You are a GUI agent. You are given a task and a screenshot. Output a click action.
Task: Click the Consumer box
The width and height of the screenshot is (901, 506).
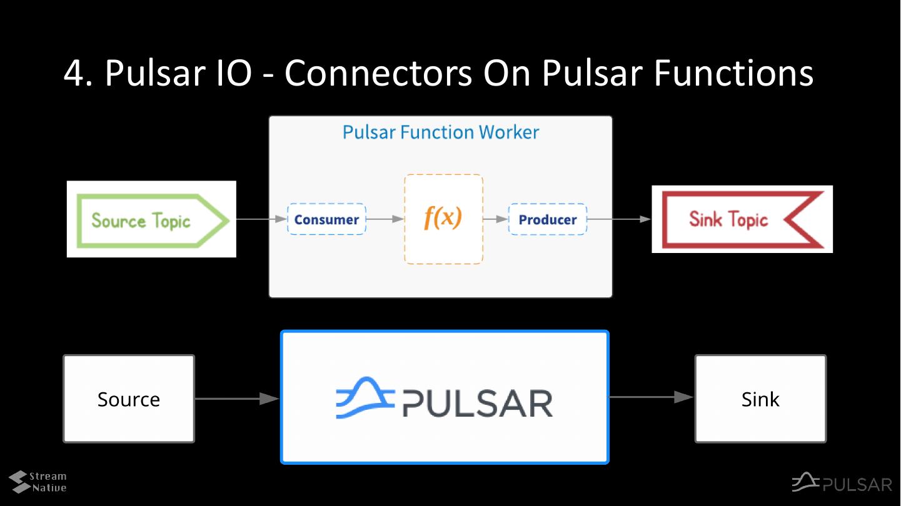pos(326,219)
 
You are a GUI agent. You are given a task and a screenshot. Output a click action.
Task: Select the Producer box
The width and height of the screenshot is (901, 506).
pos(548,219)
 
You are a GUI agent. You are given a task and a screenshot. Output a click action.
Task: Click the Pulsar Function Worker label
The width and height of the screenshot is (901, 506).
pos(440,132)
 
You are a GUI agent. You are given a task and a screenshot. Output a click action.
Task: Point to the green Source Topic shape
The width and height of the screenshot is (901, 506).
pos(153,221)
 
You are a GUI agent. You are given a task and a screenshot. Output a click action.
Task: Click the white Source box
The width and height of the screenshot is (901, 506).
pos(129,399)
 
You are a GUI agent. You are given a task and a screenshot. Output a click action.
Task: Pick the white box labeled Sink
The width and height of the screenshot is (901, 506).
pos(760,399)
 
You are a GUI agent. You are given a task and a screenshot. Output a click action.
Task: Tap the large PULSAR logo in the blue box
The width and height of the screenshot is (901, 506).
pos(445,398)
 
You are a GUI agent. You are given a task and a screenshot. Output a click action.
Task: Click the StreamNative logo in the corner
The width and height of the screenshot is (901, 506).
pos(38,482)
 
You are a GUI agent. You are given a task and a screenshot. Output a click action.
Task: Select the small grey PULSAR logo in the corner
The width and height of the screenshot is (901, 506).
pos(842,482)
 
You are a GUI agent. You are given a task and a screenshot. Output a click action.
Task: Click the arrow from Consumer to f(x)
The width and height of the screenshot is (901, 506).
pos(385,219)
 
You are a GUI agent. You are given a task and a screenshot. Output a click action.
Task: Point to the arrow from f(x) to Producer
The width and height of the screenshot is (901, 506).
pos(496,219)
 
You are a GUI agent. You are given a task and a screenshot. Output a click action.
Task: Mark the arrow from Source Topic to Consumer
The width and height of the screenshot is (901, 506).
pos(261,219)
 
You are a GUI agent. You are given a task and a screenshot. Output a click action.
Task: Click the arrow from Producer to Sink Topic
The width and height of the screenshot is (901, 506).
pos(619,219)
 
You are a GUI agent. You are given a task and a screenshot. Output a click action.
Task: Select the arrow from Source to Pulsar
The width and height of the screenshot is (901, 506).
pos(238,399)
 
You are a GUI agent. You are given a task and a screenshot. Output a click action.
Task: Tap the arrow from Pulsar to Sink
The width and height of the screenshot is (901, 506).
pos(652,397)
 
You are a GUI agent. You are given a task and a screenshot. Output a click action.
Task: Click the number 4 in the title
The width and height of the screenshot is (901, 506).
pos(74,73)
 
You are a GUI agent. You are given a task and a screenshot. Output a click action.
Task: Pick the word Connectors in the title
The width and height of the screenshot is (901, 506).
pos(378,73)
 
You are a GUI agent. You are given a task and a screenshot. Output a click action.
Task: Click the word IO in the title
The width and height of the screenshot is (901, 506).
pos(234,73)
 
